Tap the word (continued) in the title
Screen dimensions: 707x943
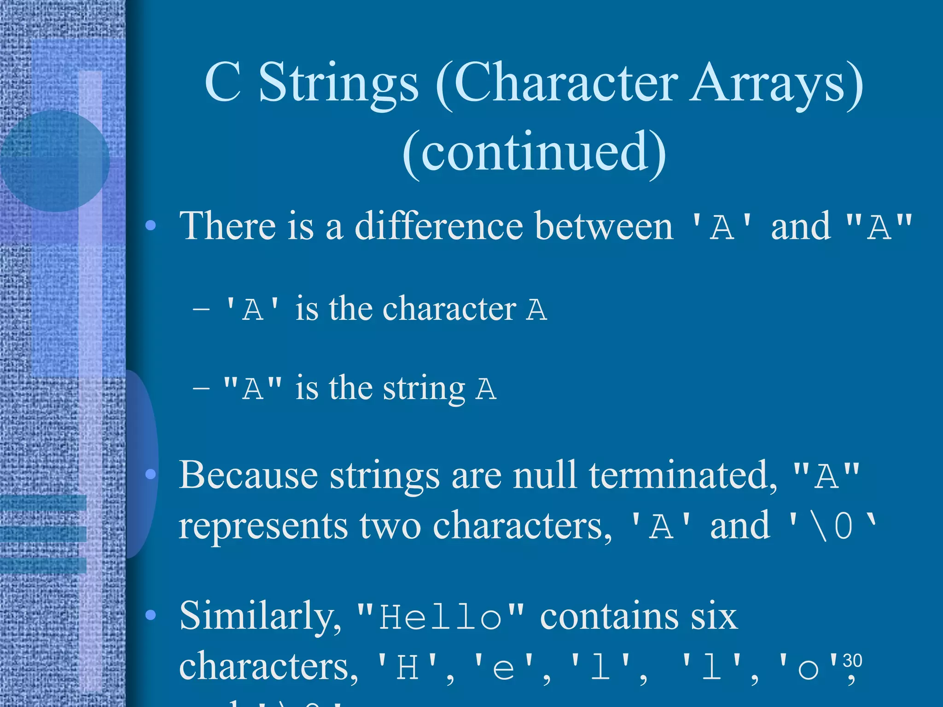coord(534,152)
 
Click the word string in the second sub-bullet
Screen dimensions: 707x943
coord(424,389)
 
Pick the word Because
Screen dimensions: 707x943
coord(248,475)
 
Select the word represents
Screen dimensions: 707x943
coord(263,526)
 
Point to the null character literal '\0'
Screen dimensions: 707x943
coord(832,526)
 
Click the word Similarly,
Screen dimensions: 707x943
coord(260,616)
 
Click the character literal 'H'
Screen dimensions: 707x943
coord(407,667)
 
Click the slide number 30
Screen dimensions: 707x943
coord(852,661)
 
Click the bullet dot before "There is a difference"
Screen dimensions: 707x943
coord(151,226)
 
